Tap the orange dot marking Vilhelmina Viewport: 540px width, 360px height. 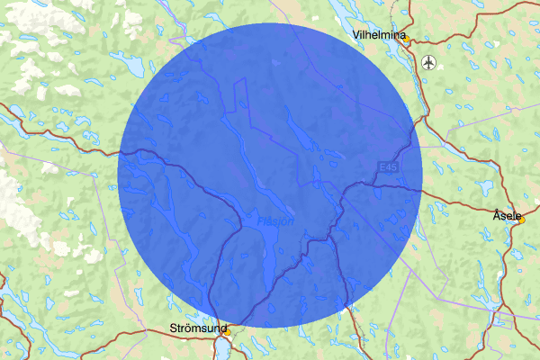pyautogui.click(x=407, y=40)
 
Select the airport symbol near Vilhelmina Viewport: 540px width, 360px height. pyautogui.click(x=428, y=62)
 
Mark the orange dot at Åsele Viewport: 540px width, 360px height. pyautogui.click(x=520, y=222)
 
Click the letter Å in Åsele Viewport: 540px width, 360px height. pyautogui.click(x=498, y=216)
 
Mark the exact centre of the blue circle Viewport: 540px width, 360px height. pyautogui.click(x=270, y=175)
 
